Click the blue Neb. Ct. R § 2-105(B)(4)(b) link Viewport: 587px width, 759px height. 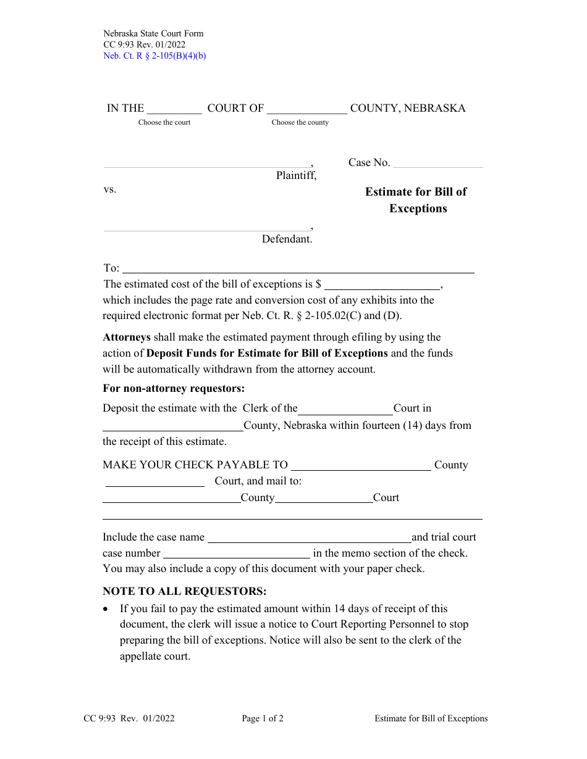point(154,56)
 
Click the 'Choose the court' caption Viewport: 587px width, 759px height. point(164,122)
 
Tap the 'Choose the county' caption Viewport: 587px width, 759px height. point(300,122)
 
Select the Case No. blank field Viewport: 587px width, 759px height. point(438,163)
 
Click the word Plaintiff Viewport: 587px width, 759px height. point(296,175)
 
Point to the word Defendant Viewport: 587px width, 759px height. point(287,239)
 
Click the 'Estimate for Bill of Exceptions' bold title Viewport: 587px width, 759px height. point(416,200)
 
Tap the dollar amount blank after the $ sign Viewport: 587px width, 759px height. point(382,285)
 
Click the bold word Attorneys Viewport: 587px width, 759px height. point(127,337)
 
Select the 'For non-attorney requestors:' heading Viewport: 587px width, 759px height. point(174,388)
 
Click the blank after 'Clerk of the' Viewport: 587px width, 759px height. point(345,409)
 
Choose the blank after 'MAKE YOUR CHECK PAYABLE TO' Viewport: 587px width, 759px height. point(361,466)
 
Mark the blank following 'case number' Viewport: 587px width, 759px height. point(237,554)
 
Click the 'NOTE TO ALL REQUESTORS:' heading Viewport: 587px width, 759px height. point(185,591)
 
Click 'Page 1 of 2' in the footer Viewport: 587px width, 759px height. point(263,718)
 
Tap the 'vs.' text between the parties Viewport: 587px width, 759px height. point(110,189)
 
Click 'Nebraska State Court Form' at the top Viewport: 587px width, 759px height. point(153,33)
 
